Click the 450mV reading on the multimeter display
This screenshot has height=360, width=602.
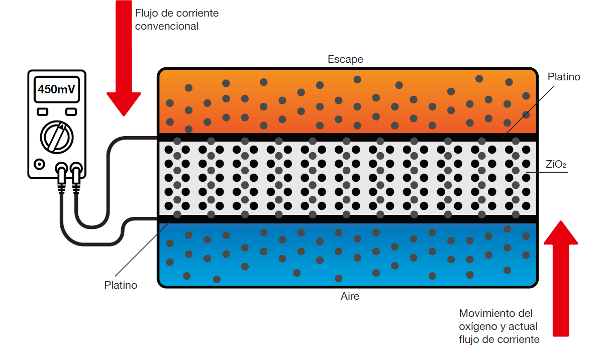point(57,90)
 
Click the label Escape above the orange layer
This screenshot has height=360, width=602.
point(345,59)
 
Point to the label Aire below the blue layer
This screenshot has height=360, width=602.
point(350,296)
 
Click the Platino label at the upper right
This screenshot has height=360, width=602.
point(564,77)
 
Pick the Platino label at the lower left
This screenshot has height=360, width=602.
point(121,285)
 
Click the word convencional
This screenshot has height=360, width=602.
point(167,26)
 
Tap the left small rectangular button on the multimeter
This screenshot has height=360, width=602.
point(43,111)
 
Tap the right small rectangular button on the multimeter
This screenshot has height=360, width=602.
point(71,111)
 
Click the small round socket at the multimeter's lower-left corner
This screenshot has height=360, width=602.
point(39,164)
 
